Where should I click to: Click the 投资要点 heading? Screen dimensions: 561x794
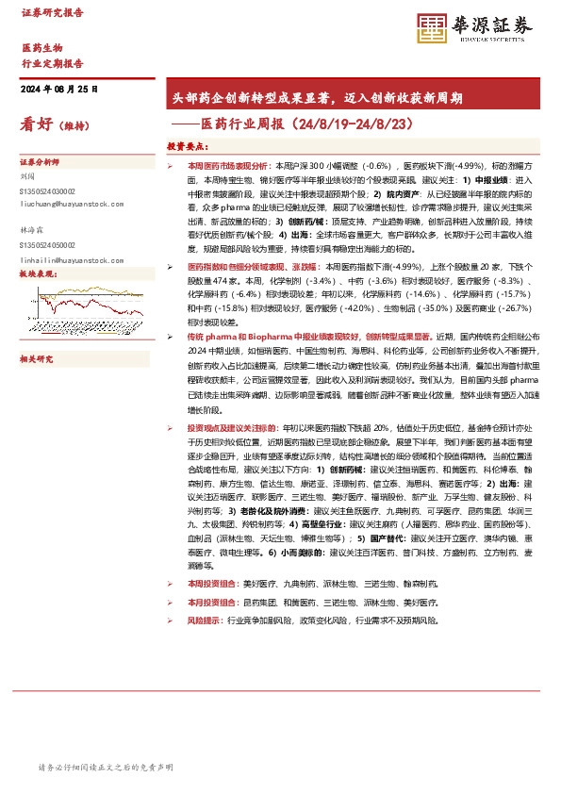pos(187,147)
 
